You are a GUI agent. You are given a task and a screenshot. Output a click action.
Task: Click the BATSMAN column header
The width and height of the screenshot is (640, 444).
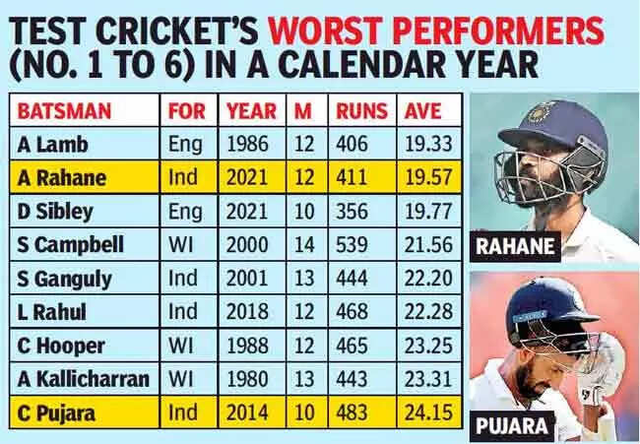point(64,110)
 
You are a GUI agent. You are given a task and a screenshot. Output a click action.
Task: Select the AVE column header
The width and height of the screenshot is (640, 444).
point(424,110)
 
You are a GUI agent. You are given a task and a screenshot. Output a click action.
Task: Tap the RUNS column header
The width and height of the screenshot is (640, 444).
point(360,110)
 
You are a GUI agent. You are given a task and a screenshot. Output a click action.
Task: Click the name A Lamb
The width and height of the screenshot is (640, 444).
point(53,144)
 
